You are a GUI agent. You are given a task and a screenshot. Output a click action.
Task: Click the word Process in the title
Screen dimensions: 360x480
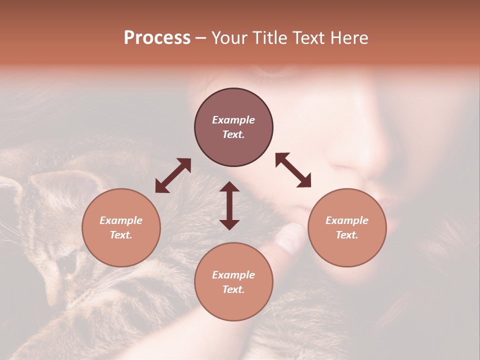tap(157, 38)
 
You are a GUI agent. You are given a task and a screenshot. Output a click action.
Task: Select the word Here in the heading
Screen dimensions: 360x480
tap(349, 38)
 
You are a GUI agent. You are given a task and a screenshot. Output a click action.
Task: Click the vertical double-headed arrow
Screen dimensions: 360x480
tap(229, 205)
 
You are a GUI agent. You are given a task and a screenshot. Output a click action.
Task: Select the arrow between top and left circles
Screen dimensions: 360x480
tap(173, 175)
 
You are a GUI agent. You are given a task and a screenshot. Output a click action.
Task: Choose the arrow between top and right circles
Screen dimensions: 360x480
tap(293, 170)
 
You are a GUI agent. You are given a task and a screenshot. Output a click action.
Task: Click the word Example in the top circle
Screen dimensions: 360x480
tap(233, 120)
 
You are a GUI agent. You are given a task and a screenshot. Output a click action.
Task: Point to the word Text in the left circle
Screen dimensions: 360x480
tap(121, 235)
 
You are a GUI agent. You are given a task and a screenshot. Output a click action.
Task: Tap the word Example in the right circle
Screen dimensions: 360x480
tap(347, 220)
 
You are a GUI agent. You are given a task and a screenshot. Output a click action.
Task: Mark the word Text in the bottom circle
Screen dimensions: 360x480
tap(233, 289)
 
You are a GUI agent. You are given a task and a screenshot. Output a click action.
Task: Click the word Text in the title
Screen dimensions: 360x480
tap(308, 38)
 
